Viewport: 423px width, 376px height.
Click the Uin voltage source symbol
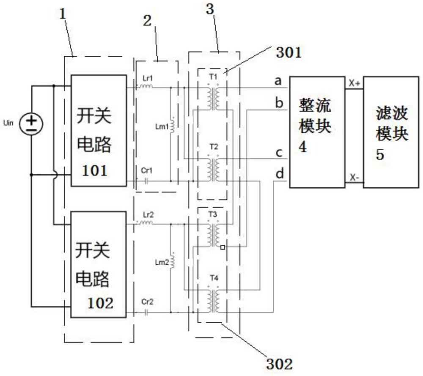[31, 124]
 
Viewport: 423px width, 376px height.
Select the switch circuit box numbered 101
[99, 131]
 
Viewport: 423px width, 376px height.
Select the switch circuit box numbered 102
[99, 264]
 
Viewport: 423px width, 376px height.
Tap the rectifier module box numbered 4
[317, 132]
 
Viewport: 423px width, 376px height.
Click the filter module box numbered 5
[391, 132]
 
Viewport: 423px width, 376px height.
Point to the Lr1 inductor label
[148, 79]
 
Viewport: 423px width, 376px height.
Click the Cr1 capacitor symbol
[146, 181]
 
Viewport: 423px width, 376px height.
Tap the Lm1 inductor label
[162, 126]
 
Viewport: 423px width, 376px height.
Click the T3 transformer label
[213, 214]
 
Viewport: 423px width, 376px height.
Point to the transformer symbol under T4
[213, 301]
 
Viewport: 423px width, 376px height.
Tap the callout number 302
[279, 364]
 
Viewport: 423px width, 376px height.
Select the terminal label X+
[354, 83]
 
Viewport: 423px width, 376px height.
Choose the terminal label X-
[354, 177]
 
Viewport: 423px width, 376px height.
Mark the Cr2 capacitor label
[147, 302]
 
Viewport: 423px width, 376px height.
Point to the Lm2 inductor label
[162, 262]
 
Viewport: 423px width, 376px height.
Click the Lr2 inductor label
[148, 215]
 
